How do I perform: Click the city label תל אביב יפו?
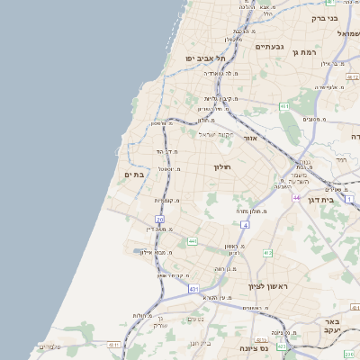[x=204, y=58]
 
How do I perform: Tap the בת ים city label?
[x=134, y=174]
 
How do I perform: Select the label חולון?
[x=222, y=166]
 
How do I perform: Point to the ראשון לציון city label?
[x=271, y=285]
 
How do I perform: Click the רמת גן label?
[x=307, y=53]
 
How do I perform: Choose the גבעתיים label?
[x=269, y=46]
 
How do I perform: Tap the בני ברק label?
[x=324, y=17]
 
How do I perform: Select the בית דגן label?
[x=339, y=201]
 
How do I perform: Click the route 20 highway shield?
[x=159, y=219]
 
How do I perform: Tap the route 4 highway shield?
[x=244, y=224]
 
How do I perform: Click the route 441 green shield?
[x=192, y=241]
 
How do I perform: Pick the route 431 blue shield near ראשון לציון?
[x=193, y=289]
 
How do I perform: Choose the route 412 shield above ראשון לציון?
[x=267, y=253]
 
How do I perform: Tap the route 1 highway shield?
[x=350, y=199]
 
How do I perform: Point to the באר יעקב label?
[x=332, y=325]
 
